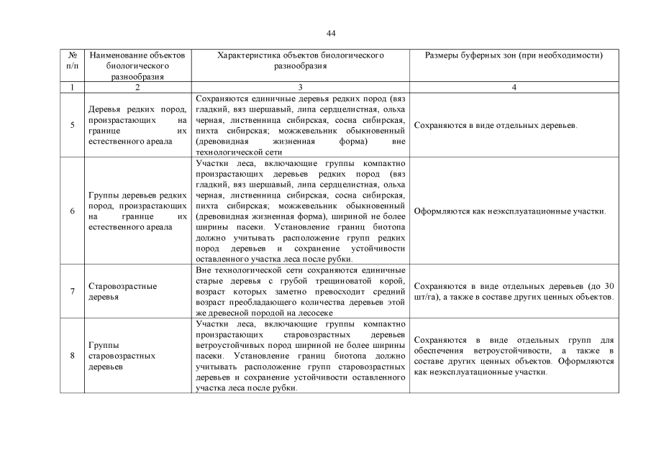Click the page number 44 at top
(x=330, y=33)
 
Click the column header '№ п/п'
(x=72, y=60)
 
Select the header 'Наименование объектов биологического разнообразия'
(x=137, y=65)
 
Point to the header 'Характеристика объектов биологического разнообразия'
(x=300, y=60)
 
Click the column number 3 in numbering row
(x=300, y=87)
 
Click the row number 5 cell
(x=72, y=125)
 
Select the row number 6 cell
(x=72, y=211)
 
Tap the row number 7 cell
(x=72, y=291)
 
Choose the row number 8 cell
(x=72, y=355)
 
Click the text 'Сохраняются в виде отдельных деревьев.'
(x=496, y=125)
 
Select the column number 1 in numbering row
(x=72, y=87)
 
